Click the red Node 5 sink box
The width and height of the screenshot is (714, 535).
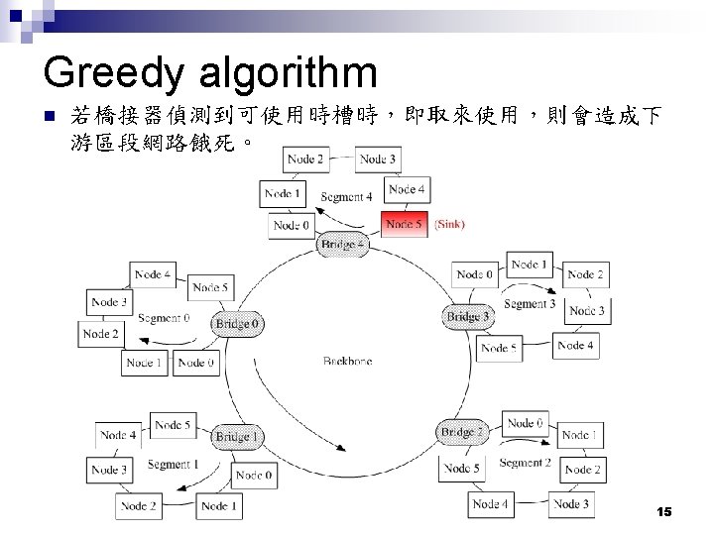pos(405,225)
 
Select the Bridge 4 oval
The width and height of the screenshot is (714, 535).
pos(341,245)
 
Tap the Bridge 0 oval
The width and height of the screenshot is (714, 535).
pos(239,323)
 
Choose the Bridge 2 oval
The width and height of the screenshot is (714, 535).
pos(461,432)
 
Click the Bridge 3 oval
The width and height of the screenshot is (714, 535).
pos(467,316)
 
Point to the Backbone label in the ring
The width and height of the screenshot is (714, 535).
pos(347,362)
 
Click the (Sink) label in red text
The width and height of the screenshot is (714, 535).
pos(449,225)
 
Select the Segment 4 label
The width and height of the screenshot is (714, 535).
pos(346,197)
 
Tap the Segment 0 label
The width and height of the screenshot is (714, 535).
pos(165,318)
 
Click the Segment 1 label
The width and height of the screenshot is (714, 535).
pos(173,465)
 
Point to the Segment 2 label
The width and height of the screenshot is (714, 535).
pos(525,463)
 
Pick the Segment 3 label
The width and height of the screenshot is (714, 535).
pos(530,303)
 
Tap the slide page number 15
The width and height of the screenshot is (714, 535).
pos(664,511)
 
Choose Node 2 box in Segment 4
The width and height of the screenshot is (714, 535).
pos(304,160)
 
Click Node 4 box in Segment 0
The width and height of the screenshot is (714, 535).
pos(153,274)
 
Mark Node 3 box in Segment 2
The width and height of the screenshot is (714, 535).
pos(570,504)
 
